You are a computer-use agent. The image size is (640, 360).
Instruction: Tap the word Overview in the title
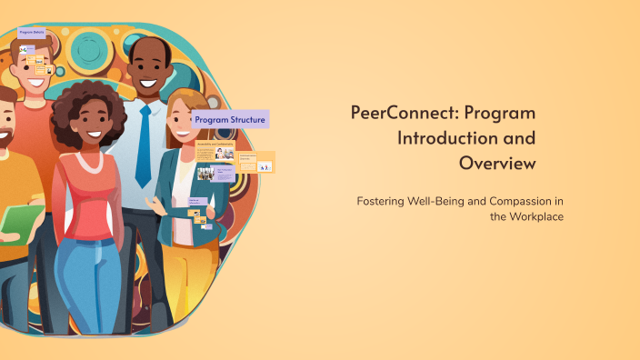pyautogui.click(x=497, y=164)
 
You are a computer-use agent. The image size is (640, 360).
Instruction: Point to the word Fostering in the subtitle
pyautogui.click(x=383, y=200)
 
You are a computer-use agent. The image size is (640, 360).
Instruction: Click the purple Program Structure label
pyautogui.click(x=230, y=119)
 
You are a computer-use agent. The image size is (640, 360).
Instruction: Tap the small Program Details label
pyautogui.click(x=32, y=32)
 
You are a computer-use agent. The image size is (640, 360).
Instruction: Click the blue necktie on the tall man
pyautogui.click(x=143, y=145)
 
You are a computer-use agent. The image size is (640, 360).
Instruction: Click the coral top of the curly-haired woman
pyautogui.click(x=91, y=200)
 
